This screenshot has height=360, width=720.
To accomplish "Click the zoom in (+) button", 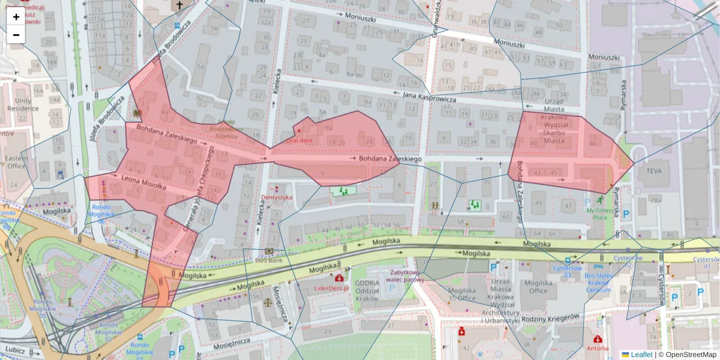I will [16, 17].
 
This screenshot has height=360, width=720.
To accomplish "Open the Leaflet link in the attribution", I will [641, 355].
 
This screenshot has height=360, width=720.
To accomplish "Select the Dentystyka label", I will [277, 197].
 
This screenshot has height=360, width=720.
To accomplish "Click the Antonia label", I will [597, 348].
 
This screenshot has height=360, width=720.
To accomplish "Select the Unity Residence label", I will [23, 105].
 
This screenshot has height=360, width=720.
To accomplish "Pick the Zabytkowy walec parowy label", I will [406, 275].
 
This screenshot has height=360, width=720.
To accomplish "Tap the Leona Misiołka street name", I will [143, 182].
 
